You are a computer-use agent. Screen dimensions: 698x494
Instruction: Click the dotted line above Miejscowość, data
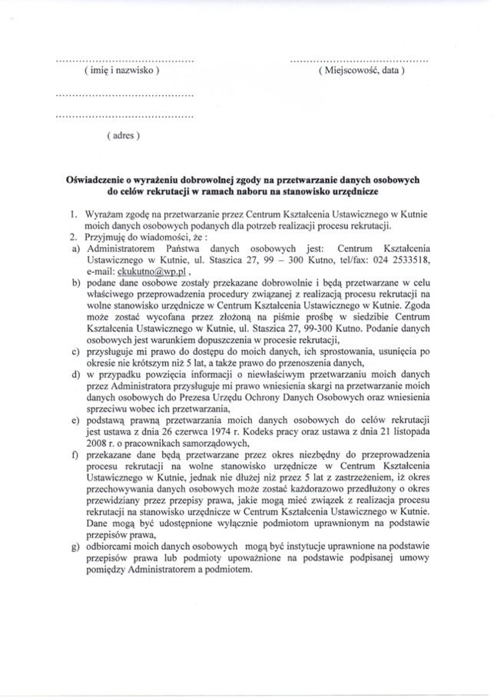tap(360, 60)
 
